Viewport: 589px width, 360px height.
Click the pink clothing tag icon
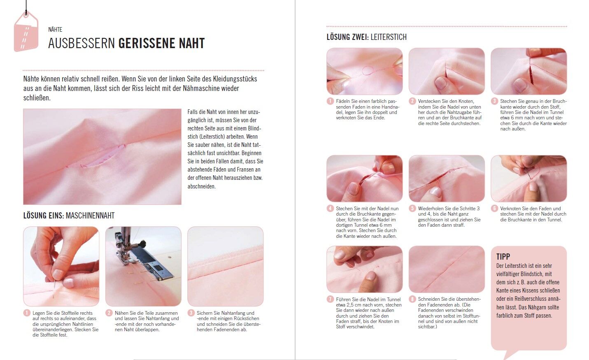[26, 32]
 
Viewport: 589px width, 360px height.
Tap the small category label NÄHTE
[55, 29]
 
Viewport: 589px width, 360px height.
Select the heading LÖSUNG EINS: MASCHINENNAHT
[69, 216]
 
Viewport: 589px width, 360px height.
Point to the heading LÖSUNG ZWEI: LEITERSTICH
[367, 37]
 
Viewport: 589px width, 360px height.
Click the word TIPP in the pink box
[503, 256]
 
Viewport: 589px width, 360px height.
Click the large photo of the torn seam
[102, 157]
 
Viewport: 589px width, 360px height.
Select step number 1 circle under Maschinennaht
[27, 313]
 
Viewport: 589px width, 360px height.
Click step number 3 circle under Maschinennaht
[191, 313]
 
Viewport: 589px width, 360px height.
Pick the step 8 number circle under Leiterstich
[412, 299]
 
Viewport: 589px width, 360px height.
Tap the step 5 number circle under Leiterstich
[412, 208]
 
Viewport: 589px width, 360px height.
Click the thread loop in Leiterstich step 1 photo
[368, 70]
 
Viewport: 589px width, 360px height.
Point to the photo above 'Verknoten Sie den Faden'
[529, 179]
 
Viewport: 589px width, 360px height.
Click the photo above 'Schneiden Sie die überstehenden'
[447, 269]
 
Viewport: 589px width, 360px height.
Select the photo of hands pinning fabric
[61, 267]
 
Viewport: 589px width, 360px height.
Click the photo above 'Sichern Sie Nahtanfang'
[225, 267]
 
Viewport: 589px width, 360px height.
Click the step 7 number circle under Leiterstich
[330, 299]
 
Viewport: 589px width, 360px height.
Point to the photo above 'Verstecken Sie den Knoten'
[447, 71]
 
